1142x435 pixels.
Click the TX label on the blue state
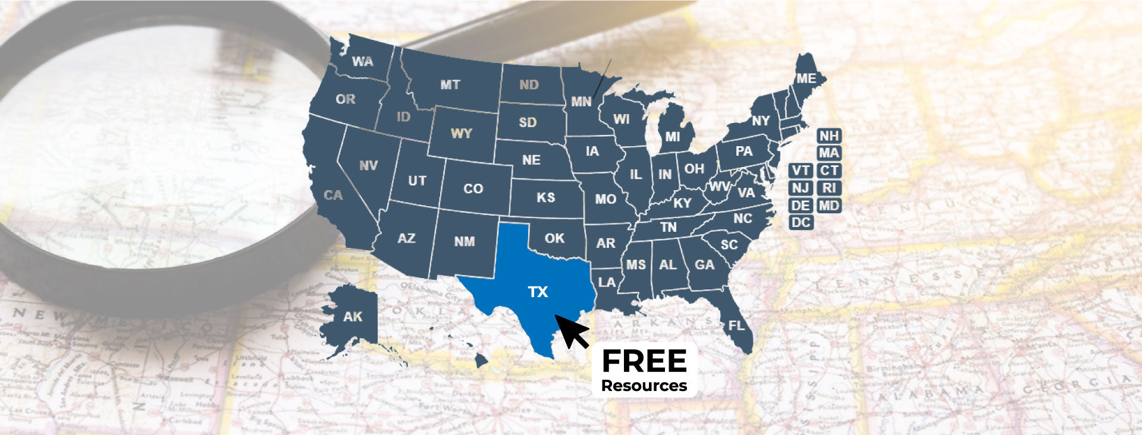tap(538, 292)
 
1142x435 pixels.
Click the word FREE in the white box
tap(644, 361)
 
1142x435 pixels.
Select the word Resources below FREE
tap(644, 386)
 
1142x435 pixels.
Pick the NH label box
tap(829, 136)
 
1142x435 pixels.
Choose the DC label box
tap(801, 223)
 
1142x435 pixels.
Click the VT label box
tap(801, 171)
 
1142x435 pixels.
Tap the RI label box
tap(829, 188)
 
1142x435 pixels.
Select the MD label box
tap(829, 206)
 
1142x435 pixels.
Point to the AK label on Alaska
tap(353, 317)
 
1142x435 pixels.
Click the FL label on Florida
tap(736, 326)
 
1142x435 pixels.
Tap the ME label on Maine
tap(807, 78)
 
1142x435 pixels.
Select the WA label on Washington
tap(362, 62)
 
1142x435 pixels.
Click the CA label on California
tap(333, 195)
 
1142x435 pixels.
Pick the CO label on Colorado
tap(473, 189)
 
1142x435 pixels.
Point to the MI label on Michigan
tap(672, 137)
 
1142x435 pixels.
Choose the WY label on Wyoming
tap(461, 133)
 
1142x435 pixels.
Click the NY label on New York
tap(761, 121)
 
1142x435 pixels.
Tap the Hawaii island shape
tap(481, 360)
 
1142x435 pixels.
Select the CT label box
tap(829, 171)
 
